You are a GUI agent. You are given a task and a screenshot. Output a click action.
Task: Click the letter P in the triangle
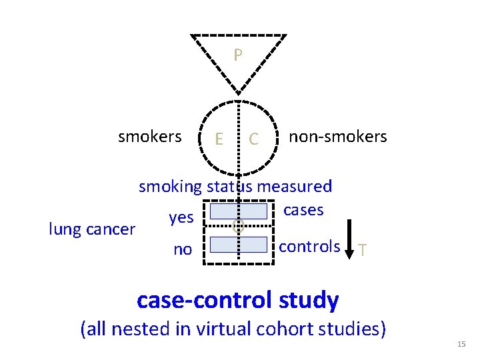pos(238,55)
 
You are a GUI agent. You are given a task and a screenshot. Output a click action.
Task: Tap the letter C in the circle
pos(253,139)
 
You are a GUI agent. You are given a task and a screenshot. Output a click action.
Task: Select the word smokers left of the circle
pos(149,137)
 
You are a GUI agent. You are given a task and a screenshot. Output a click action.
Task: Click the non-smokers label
pos(337,137)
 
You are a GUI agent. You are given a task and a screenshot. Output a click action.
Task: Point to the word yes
pos(181,217)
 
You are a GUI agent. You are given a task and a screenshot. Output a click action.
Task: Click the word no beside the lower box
pos(182,250)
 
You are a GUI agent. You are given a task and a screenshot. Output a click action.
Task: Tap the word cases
pos(303,210)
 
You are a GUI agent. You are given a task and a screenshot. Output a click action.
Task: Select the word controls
pos(309,246)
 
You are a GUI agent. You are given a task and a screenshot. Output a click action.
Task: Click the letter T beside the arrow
pos(362,251)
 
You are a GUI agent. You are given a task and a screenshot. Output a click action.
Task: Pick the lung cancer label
pos(93,230)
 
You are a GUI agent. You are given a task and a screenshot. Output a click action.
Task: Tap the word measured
pos(294,187)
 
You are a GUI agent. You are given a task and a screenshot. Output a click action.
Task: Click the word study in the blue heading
pos(309,300)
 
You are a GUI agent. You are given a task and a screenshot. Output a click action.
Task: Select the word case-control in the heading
pos(203,300)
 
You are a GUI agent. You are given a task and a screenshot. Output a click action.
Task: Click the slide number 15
pos(461,344)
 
